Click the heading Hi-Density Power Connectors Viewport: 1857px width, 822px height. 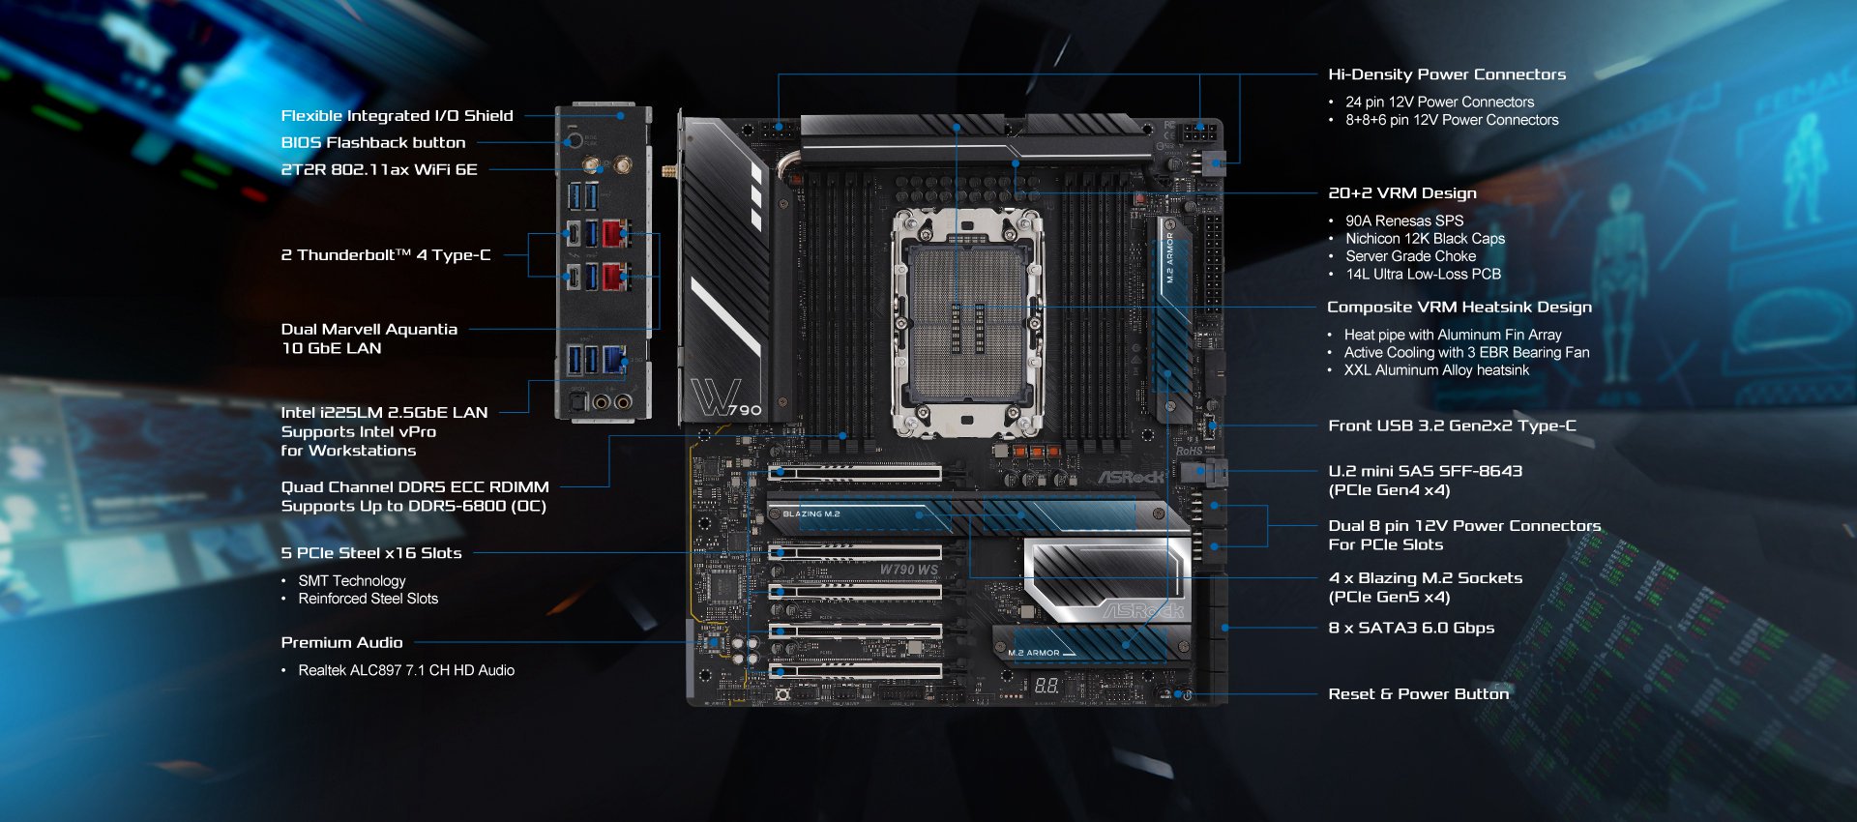[1447, 74]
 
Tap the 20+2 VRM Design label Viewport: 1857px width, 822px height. [1402, 193]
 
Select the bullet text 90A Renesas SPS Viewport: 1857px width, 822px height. [1404, 220]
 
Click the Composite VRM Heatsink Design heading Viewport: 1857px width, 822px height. [1459, 308]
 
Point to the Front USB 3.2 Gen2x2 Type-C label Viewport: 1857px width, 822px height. [1452, 426]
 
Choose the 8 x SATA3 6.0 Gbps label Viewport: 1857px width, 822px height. [1411, 628]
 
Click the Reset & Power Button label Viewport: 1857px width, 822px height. [1418, 693]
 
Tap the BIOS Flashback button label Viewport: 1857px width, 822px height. [373, 143]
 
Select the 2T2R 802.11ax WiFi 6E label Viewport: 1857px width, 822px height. [379, 170]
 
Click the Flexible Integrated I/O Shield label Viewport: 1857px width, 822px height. [397, 116]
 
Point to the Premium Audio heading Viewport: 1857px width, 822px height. [341, 643]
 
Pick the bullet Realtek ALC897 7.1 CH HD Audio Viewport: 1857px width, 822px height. [406, 670]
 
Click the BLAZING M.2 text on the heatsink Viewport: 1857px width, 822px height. [811, 514]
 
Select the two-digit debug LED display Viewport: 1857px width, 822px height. [1046, 686]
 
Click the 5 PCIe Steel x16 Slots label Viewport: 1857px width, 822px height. [371, 553]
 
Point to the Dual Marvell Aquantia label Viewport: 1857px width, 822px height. [369, 330]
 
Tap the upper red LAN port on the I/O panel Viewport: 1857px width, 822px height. [613, 233]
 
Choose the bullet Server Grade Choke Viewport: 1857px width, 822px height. [1411, 256]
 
